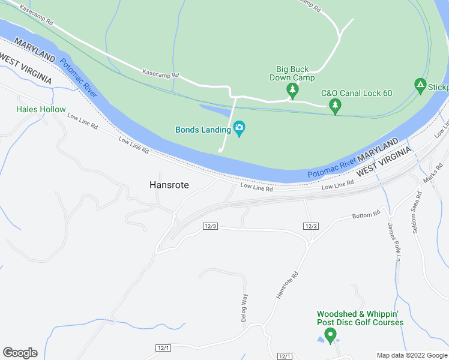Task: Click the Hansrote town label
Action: coord(169,185)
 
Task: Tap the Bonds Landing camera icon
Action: coord(240,128)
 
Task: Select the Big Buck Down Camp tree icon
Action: coord(292,91)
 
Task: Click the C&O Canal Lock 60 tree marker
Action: coord(336,107)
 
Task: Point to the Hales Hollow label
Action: coord(41,110)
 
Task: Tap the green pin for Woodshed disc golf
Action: coord(330,335)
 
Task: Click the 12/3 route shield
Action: coord(210,226)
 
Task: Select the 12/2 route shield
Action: coord(310,226)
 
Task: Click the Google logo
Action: coord(20,353)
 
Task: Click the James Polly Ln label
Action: coord(394,241)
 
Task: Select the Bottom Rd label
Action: coord(366,214)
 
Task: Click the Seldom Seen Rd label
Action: coord(414,212)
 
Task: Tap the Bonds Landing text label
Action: coord(203,129)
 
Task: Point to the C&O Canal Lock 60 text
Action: coord(357,93)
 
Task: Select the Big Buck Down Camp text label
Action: coord(292,73)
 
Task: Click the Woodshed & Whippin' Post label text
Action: coord(360,318)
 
